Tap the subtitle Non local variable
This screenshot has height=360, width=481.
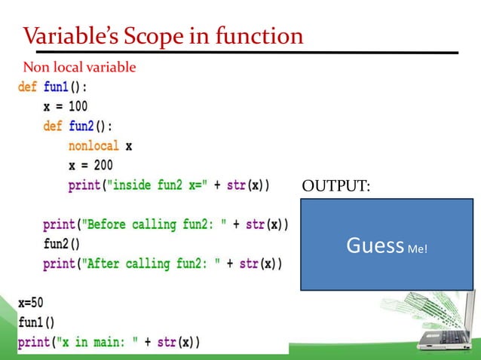click(79, 68)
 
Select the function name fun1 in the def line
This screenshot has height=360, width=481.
click(57, 87)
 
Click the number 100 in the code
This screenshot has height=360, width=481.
click(78, 107)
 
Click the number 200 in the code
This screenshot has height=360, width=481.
click(103, 166)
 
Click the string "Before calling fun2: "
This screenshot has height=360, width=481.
click(156, 224)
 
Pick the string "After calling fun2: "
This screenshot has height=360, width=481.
click(153, 264)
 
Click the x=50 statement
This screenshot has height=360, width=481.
click(31, 303)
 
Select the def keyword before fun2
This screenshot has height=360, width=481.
click(52, 127)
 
